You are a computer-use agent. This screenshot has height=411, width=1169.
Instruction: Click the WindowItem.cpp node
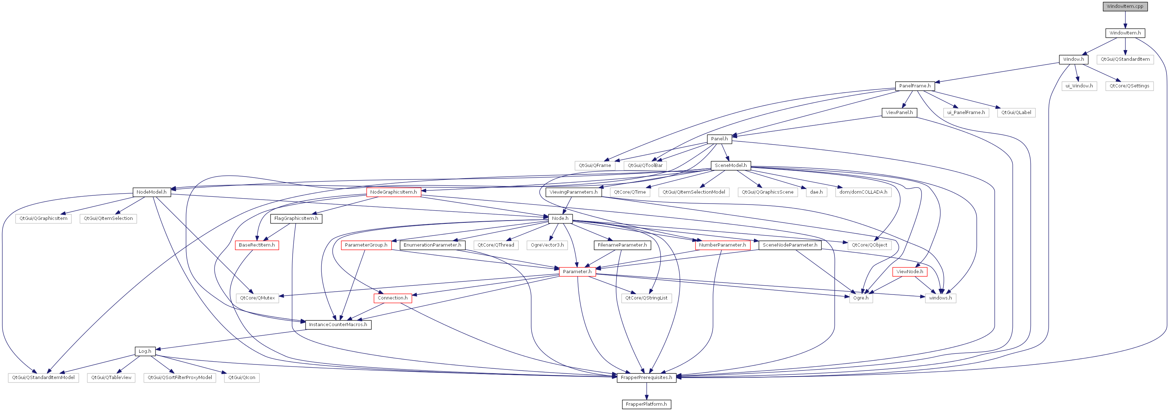[1125, 6]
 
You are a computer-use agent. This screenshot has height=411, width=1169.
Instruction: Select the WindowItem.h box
[1125, 33]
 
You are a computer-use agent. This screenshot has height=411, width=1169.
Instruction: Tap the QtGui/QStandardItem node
[1125, 59]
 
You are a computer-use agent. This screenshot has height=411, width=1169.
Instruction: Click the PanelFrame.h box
[915, 86]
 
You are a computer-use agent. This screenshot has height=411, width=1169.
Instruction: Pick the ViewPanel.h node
[899, 113]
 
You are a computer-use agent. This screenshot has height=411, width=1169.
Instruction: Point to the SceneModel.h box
[731, 165]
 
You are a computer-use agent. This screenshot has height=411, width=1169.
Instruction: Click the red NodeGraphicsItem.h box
[393, 192]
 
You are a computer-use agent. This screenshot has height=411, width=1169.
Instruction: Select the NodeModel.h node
[152, 192]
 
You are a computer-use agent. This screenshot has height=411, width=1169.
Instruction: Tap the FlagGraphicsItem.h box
[297, 218]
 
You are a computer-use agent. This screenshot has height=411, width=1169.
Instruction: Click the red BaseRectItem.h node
[257, 245]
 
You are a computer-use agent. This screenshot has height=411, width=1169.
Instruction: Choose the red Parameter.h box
[577, 272]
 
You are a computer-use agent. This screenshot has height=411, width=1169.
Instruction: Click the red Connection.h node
[392, 298]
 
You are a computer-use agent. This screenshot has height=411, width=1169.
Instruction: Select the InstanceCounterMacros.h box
[338, 325]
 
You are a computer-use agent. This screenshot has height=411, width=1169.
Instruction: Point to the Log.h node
[145, 351]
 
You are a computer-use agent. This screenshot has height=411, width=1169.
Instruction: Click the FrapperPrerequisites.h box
[646, 377]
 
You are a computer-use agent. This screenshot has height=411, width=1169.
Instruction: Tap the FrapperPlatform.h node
[646, 404]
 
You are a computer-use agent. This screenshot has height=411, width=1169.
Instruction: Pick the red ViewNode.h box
[910, 272]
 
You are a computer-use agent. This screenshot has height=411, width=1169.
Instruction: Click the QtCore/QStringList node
[646, 298]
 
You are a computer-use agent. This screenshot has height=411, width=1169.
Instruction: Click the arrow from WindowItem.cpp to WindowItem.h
[1125, 20]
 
